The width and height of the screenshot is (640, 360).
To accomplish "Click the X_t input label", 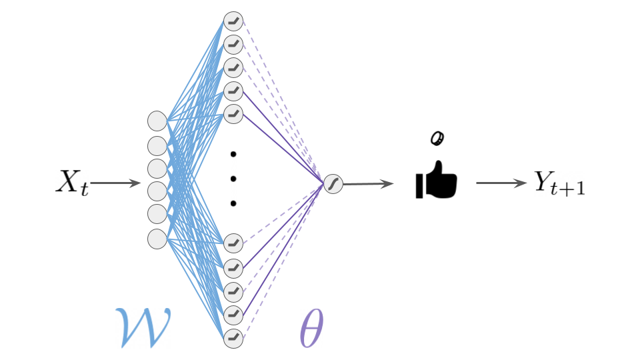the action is tap(73, 183).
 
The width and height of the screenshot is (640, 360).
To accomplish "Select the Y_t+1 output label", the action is tap(559, 183).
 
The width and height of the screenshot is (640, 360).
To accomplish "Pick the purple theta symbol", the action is tap(312, 328).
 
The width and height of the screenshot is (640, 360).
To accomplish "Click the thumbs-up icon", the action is tap(436, 180).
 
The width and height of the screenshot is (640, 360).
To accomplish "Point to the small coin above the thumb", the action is tap(437, 138).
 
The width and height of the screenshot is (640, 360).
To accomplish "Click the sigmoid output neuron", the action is tap(333, 184).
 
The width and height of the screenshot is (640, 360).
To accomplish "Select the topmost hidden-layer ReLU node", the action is tap(233, 21).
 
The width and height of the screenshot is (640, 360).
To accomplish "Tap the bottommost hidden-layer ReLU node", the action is tap(233, 339).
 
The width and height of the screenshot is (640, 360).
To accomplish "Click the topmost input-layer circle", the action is tap(157, 121).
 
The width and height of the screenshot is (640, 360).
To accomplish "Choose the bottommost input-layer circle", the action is tap(157, 239).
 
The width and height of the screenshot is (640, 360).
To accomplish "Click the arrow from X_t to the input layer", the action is tap(115, 183).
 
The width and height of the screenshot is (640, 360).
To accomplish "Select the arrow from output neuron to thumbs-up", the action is tap(369, 184).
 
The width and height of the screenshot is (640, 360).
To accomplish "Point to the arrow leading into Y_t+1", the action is tap(501, 183).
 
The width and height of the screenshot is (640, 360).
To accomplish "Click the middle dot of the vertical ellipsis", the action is tap(233, 179).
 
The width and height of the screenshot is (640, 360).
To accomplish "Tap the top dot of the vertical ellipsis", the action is tap(233, 154).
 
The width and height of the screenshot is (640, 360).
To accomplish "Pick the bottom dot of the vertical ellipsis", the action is tap(233, 203).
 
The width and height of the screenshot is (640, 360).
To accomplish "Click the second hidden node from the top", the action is tap(233, 45).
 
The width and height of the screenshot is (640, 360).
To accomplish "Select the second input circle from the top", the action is tap(157, 146).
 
